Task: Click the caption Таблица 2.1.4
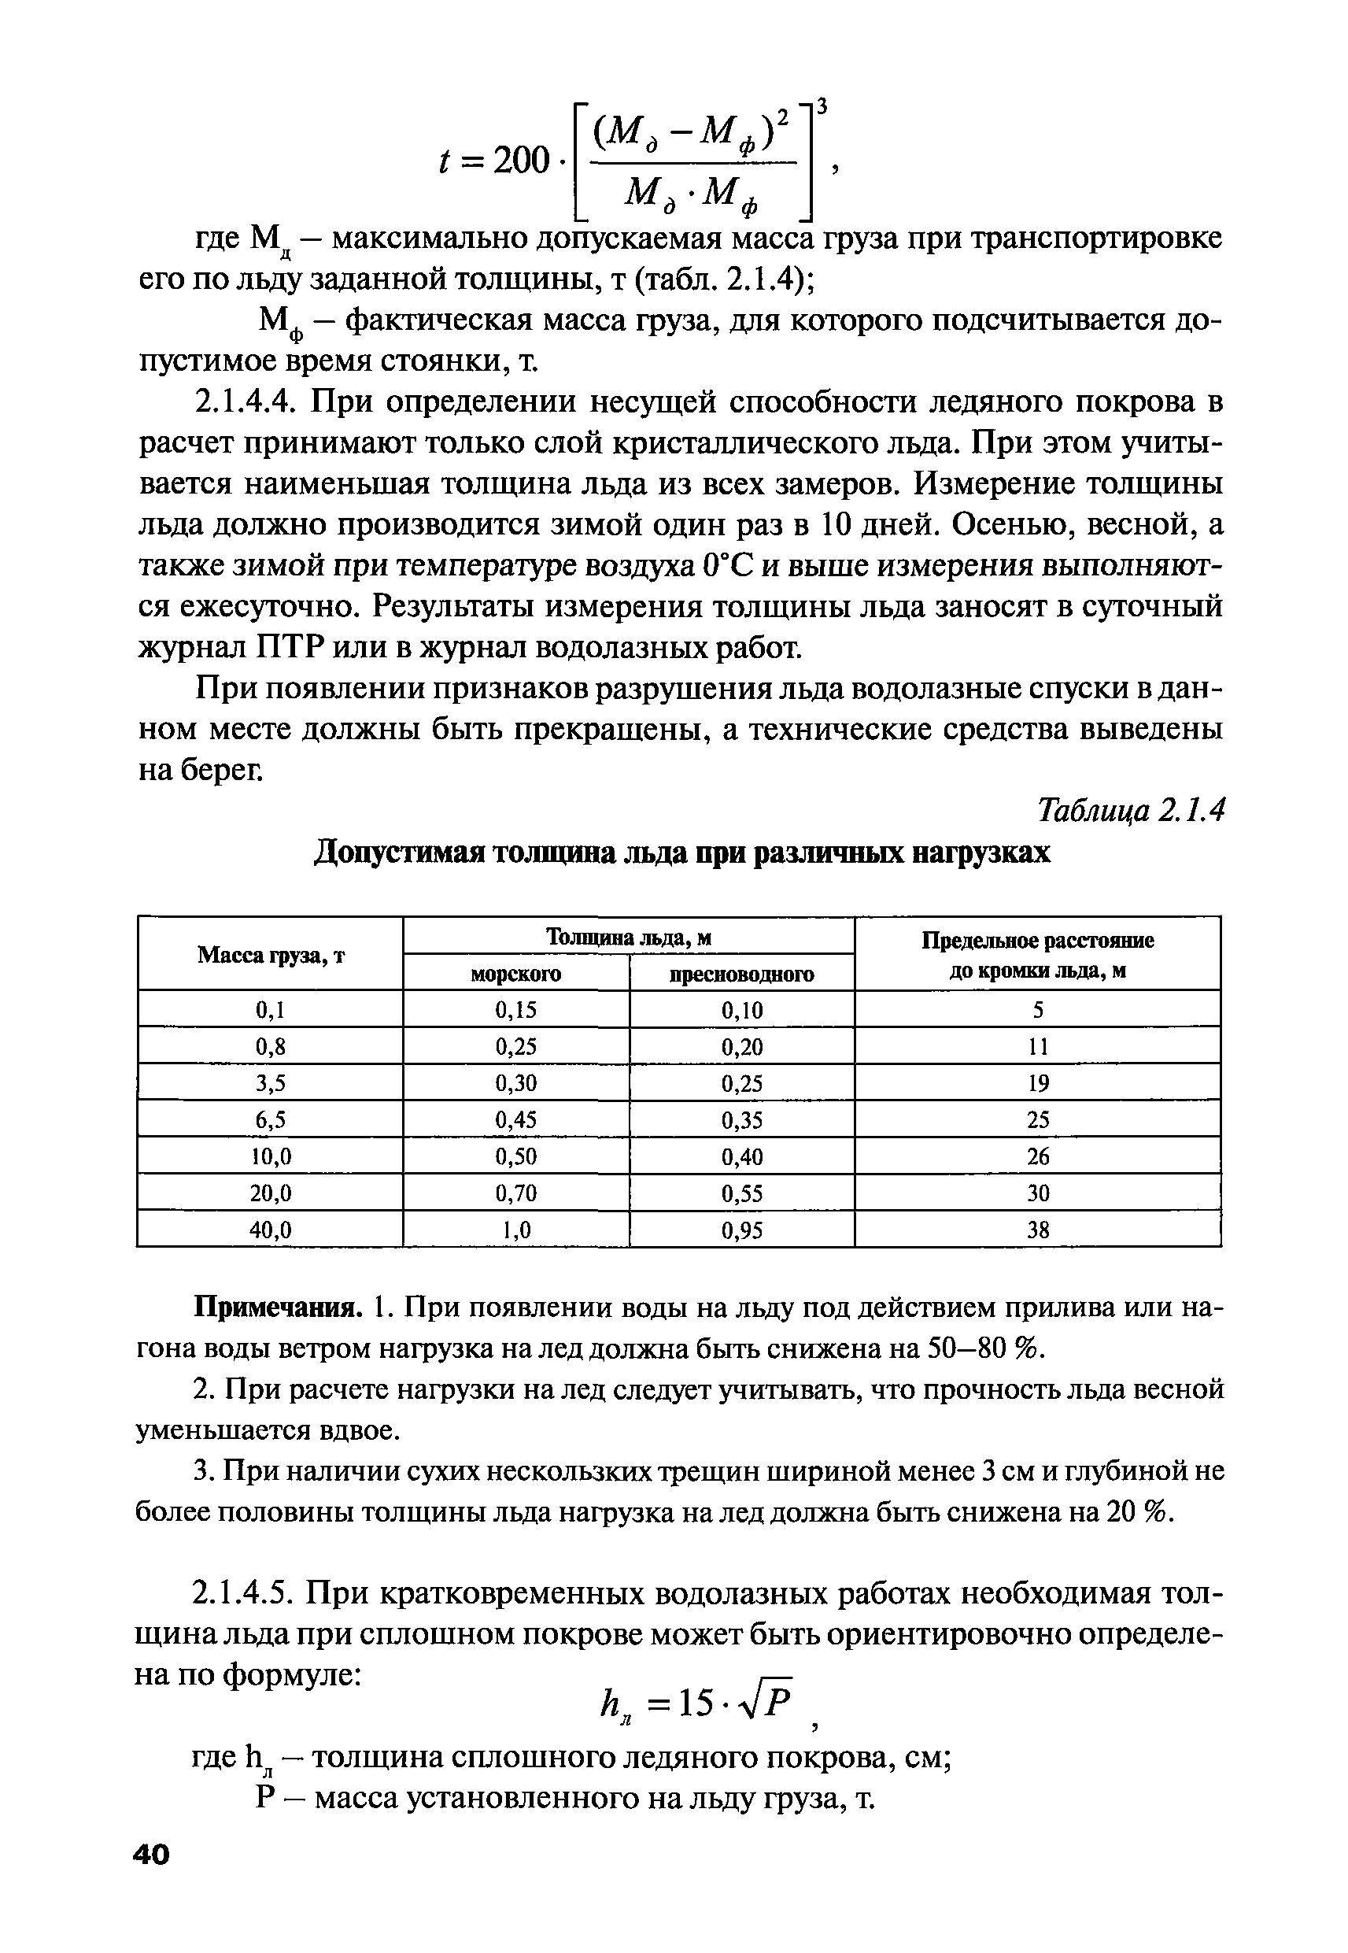point(1129,811)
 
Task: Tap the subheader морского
point(515,974)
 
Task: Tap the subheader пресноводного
point(741,974)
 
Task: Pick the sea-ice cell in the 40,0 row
point(516,1231)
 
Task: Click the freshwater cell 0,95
point(741,1231)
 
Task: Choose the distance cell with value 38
point(1037,1231)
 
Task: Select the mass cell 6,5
point(270,1120)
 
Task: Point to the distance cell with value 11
point(1037,1047)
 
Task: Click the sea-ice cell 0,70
point(516,1193)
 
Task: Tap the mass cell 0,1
point(270,1010)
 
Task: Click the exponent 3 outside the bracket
point(822,105)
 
